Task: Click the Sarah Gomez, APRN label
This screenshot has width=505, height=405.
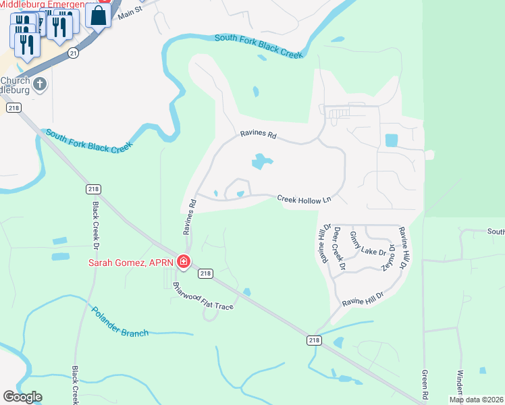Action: coord(130,263)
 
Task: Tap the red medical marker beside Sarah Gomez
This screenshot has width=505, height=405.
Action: coord(183,262)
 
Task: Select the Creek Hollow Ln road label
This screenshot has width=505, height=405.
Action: coord(304,198)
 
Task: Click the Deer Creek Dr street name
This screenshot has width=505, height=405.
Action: coord(340,249)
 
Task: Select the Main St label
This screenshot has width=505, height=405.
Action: coord(131,11)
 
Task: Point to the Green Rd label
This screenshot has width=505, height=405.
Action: coord(425,383)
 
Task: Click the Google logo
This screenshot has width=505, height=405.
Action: coord(22,397)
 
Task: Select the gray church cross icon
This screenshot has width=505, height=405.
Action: coord(40,84)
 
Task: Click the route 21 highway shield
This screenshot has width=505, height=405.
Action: coord(73,51)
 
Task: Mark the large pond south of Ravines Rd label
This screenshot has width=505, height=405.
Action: coord(261,161)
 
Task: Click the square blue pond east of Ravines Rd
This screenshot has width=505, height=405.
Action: coord(391,140)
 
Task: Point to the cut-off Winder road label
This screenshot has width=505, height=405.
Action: coord(460,383)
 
